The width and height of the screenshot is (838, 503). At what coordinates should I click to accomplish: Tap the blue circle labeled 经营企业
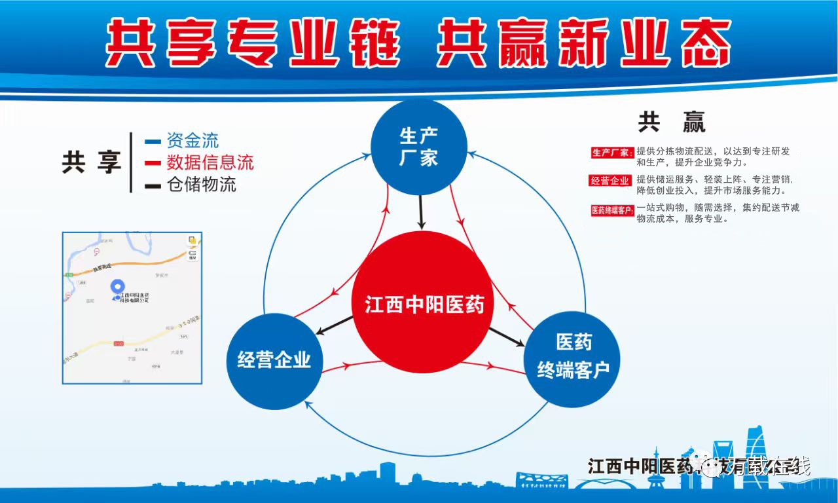click(274, 360)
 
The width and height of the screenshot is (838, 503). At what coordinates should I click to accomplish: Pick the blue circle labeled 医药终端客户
click(573, 359)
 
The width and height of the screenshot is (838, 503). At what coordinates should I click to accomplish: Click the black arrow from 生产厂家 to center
click(422, 213)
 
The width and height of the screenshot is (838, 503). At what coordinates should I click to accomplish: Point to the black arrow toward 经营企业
click(334, 326)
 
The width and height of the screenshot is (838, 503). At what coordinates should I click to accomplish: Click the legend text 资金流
click(192, 140)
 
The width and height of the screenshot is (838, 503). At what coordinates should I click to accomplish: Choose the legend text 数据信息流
click(209, 162)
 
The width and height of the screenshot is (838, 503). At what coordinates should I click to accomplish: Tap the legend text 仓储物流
click(201, 185)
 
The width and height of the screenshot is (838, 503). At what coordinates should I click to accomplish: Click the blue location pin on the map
click(117, 288)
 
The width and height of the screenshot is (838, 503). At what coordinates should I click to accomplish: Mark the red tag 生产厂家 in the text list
click(611, 153)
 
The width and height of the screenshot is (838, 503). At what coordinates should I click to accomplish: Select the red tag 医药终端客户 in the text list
click(612, 211)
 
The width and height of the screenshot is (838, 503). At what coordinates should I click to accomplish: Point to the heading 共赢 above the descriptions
click(672, 122)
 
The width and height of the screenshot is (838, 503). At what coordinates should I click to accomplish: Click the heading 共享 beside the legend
click(92, 162)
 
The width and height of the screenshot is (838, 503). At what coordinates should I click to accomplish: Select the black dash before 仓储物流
click(153, 186)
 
